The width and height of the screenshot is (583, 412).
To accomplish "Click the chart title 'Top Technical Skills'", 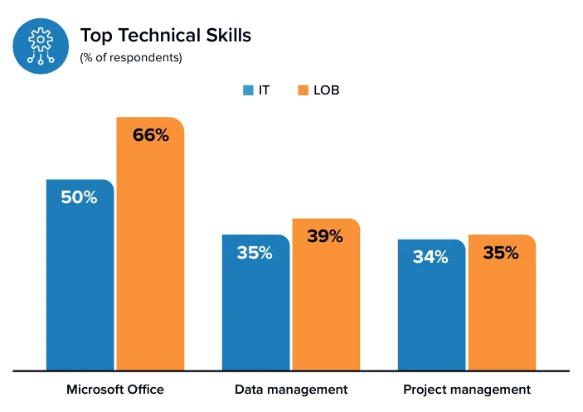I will [165, 35].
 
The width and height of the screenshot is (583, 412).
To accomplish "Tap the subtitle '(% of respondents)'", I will [130, 58].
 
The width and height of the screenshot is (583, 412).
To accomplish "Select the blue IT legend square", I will [247, 90].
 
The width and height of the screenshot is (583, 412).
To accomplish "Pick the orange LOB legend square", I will [303, 90].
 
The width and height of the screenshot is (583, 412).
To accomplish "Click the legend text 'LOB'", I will [326, 90].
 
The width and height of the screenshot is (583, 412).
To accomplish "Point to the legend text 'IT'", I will [264, 90].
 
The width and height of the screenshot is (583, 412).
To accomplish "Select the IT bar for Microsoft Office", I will [80, 282].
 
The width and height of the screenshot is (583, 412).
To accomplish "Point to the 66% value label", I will [150, 135].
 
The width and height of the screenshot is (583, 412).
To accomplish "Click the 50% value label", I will [80, 197].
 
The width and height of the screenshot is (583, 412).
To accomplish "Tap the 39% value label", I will [324, 236].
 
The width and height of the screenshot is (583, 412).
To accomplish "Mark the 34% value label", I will [430, 257].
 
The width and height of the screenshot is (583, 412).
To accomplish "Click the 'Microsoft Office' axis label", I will [115, 389].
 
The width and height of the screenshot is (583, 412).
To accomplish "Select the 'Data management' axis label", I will [291, 389].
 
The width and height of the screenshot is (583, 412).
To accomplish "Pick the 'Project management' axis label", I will [466, 389].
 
